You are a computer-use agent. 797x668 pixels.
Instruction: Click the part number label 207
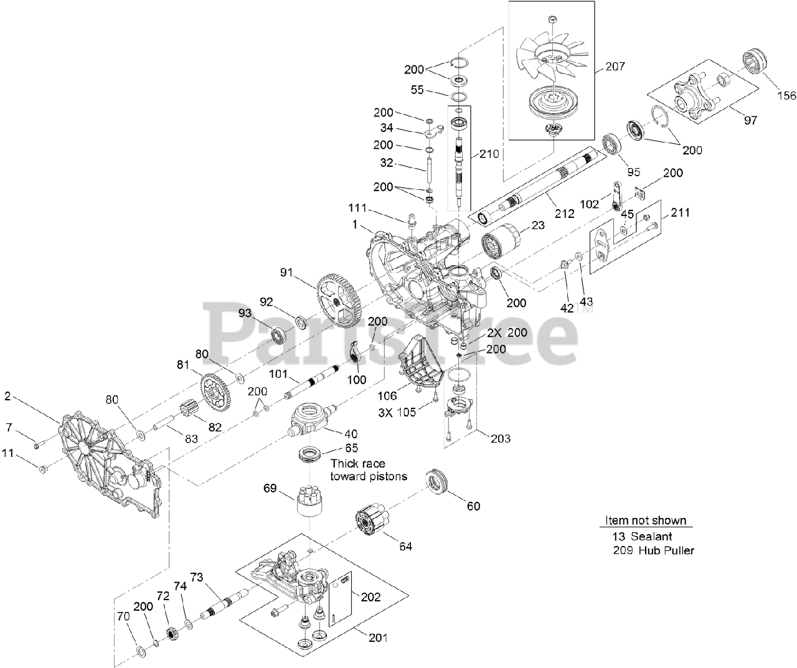[x=615, y=67]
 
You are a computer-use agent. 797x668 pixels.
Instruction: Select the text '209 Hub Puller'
[x=653, y=550]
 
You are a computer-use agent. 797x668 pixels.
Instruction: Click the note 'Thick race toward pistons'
[x=369, y=470]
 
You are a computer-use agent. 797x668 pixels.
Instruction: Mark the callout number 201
[x=377, y=637]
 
